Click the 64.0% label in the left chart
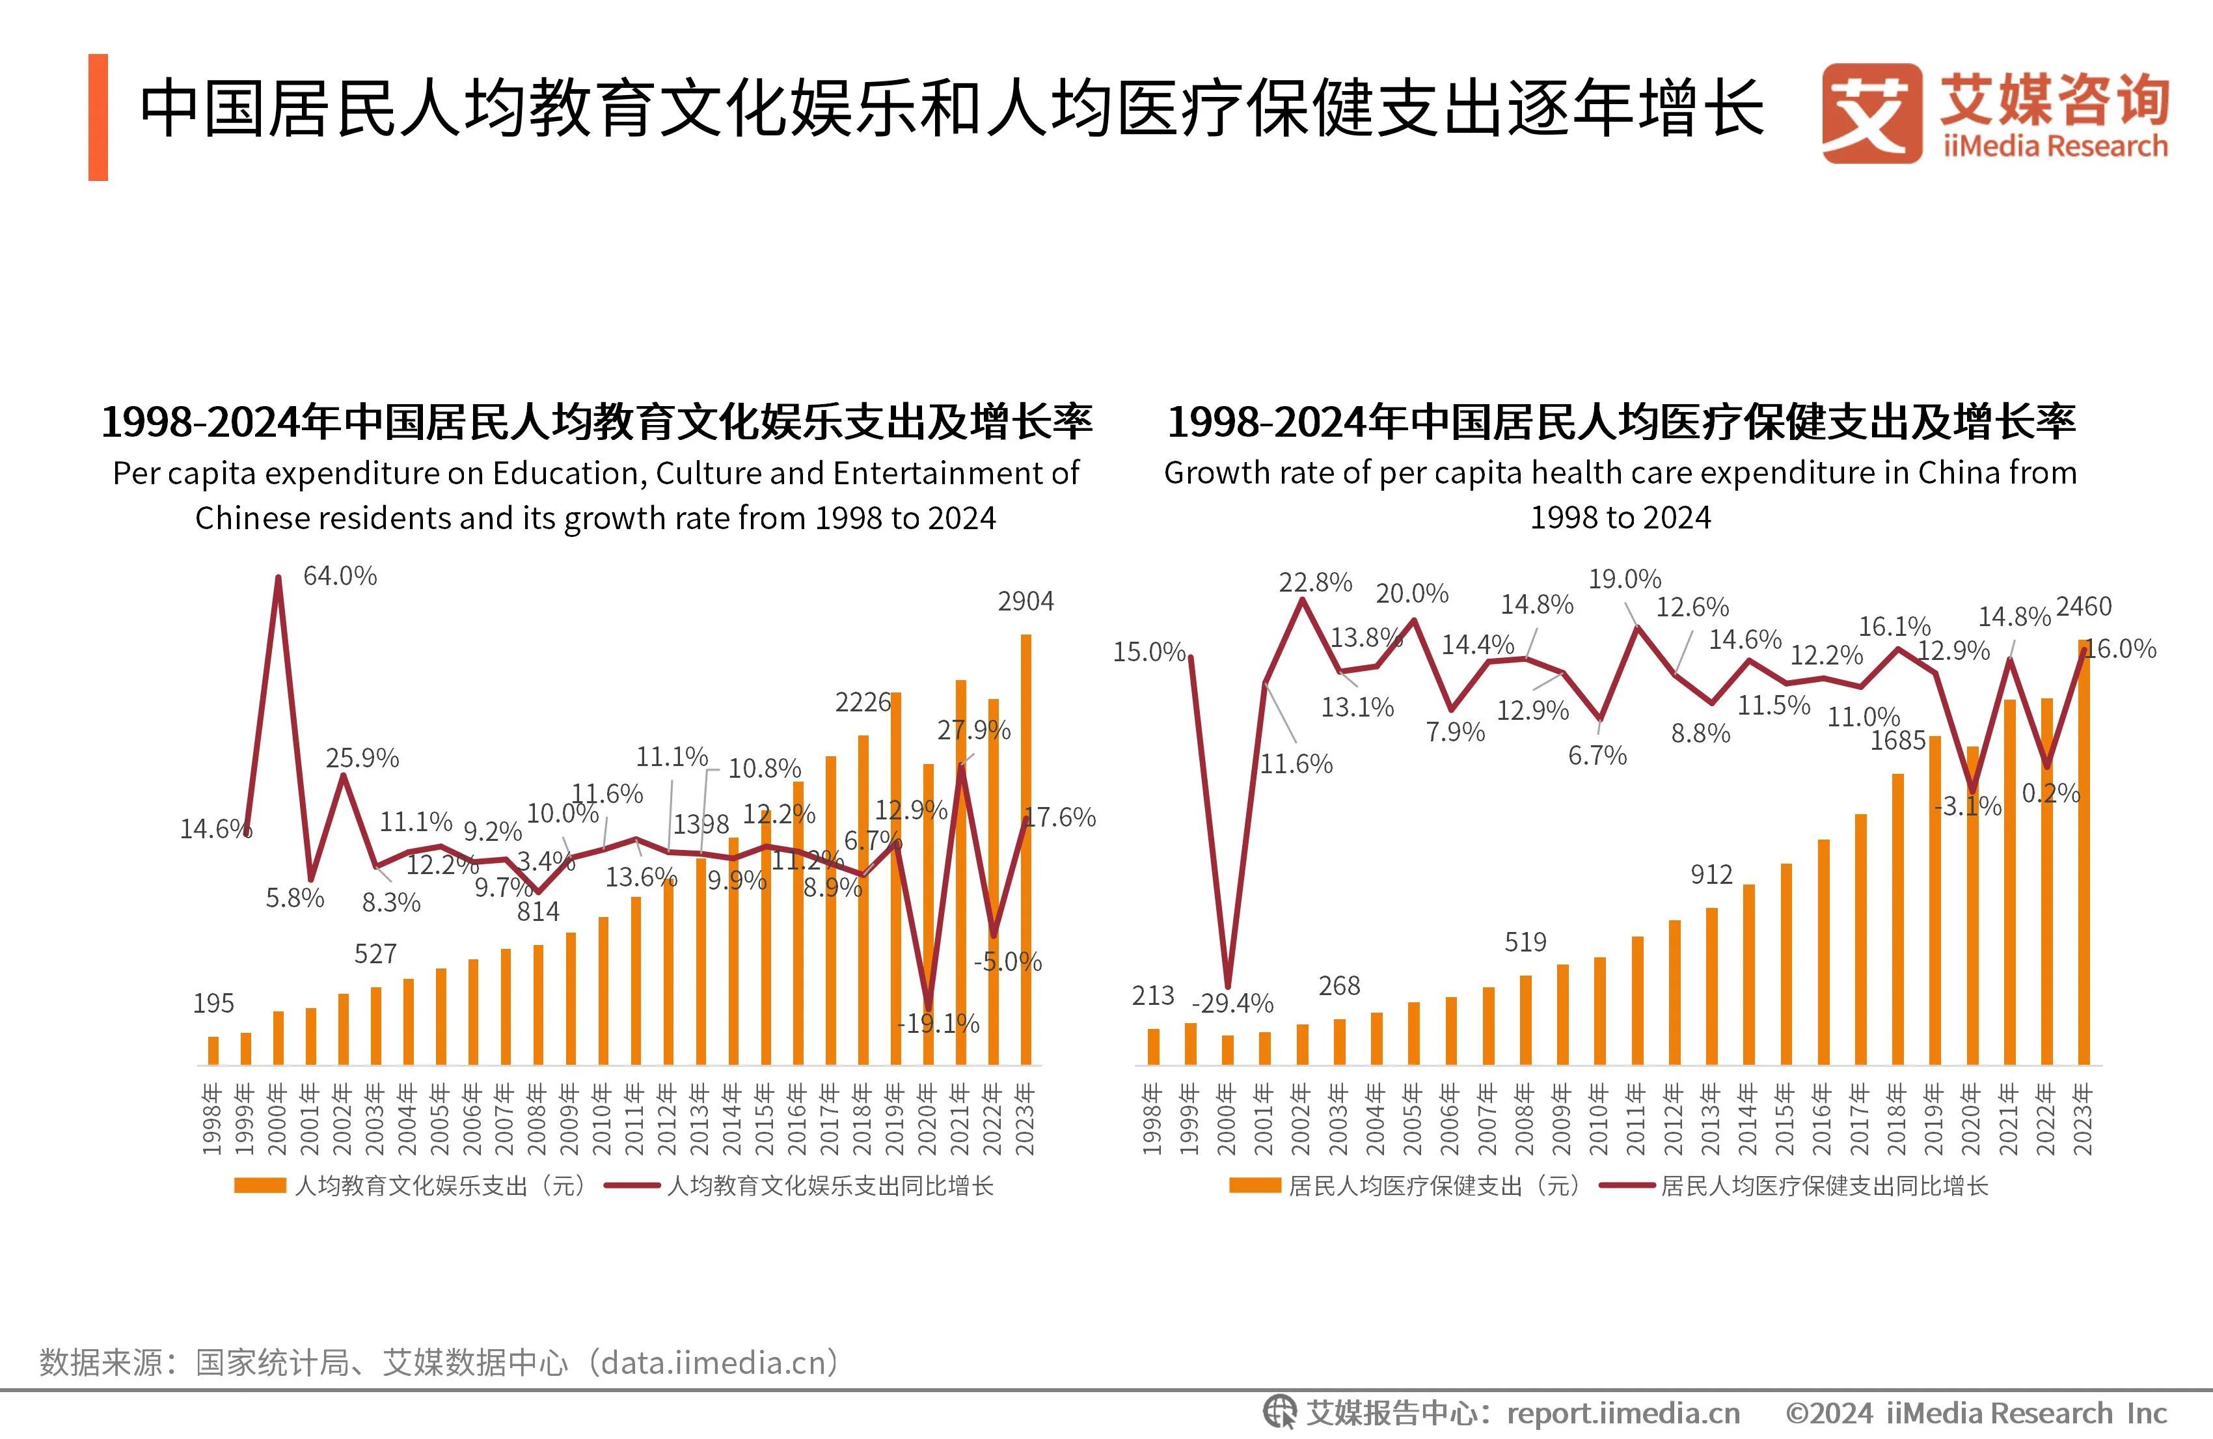click(340, 576)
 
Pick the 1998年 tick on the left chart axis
click(213, 1118)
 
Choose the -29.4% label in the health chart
click(1232, 1004)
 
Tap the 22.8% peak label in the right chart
click(1315, 582)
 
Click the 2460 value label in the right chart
click(2084, 607)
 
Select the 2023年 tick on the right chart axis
click(2083, 1118)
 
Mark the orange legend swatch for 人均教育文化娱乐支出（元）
click(260, 1185)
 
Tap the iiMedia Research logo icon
click(1871, 113)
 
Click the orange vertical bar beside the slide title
click(98, 117)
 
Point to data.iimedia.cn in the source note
click(713, 1363)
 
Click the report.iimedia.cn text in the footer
click(1623, 1414)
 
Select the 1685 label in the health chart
click(1898, 741)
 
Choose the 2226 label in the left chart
click(862, 702)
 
